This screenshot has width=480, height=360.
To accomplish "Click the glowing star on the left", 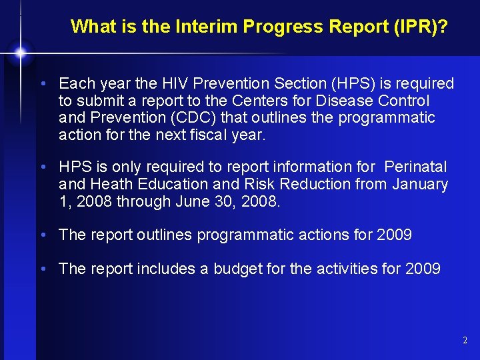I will coord(21,52).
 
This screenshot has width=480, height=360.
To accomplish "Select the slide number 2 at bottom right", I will coord(465,341).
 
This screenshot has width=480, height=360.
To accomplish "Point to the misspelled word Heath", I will coord(107,183).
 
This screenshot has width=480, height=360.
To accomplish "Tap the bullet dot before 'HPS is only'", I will coord(43,167).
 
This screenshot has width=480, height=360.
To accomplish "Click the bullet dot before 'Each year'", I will coord(43,84).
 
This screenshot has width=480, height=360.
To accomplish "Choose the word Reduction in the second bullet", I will coord(317,183).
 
